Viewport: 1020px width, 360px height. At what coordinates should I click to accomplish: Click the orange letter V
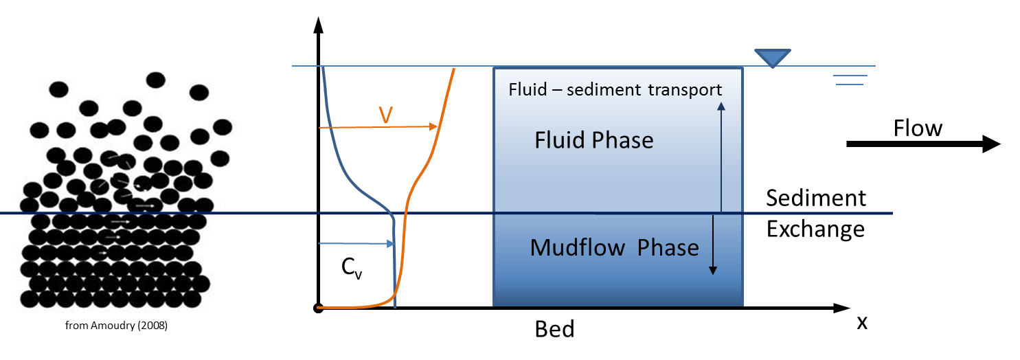click(386, 116)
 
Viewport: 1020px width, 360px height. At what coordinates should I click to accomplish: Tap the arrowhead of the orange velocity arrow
click(435, 127)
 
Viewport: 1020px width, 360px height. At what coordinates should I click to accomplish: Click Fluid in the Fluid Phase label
click(557, 141)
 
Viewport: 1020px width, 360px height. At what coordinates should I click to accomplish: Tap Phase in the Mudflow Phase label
click(668, 247)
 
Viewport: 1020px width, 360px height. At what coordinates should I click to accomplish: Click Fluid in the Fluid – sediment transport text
click(525, 90)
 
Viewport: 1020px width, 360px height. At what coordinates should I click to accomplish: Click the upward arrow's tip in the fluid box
click(721, 104)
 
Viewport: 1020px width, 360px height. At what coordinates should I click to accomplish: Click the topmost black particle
click(156, 80)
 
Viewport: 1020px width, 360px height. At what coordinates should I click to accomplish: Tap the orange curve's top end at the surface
click(455, 67)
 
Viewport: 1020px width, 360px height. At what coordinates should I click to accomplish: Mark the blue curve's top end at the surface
click(323, 67)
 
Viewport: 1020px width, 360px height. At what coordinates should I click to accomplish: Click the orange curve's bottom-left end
click(319, 307)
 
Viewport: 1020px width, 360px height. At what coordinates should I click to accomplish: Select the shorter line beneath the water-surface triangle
click(850, 85)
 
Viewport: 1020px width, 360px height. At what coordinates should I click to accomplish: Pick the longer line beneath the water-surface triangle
click(849, 76)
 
